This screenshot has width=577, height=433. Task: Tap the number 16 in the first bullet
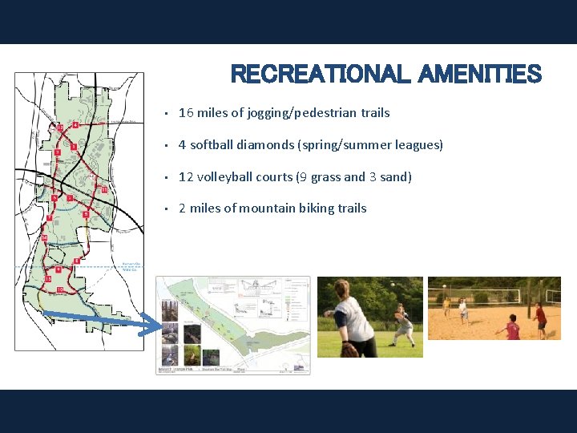click(186, 113)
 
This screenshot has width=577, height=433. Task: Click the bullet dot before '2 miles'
click(163, 209)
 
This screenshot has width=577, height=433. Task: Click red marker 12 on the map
click(60, 127)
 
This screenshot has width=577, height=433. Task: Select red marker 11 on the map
click(103, 189)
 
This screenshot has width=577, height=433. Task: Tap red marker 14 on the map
click(44, 238)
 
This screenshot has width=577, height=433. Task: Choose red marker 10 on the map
click(59, 289)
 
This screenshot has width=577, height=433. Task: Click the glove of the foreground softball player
click(349, 348)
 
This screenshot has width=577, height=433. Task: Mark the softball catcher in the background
click(404, 325)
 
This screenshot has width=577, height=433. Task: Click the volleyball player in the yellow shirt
click(446, 306)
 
